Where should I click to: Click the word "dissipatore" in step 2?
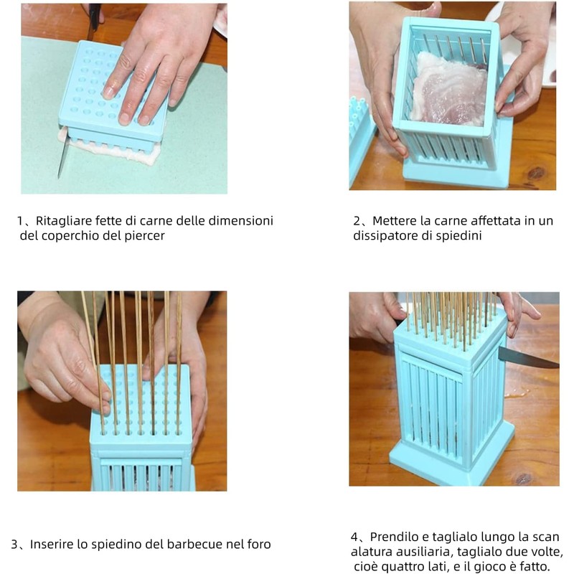[385, 235]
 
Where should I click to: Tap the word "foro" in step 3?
[259, 545]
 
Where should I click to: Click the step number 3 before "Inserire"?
[14, 545]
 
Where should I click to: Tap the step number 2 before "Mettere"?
[357, 221]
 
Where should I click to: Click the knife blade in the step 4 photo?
[528, 357]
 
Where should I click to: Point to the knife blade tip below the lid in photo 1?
[59, 178]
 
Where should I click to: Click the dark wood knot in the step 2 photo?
[536, 173]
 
